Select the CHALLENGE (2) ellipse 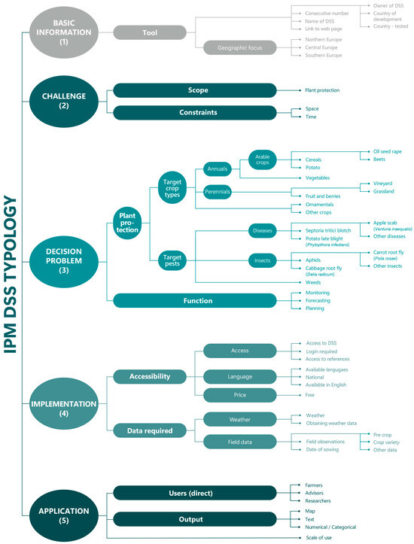click(65, 100)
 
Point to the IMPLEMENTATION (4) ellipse click(65, 409)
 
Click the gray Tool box click(151, 32)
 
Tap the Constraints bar click(198, 112)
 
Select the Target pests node click(173, 260)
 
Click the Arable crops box click(264, 160)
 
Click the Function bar click(198, 301)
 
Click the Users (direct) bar click(198, 493)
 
